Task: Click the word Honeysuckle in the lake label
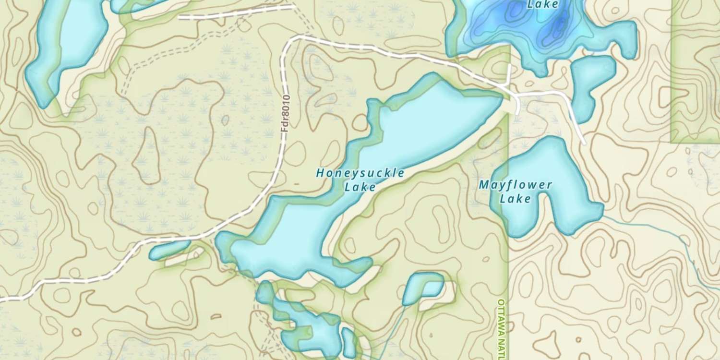click(x=360, y=173)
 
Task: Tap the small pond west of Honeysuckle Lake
click(x=169, y=250)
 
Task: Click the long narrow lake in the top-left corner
click(x=67, y=48)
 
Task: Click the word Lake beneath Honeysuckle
click(x=360, y=187)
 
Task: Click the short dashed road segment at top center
click(x=235, y=12)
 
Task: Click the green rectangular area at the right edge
click(x=695, y=72)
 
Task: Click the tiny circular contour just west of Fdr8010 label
click(x=225, y=120)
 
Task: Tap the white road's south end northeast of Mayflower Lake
click(x=584, y=142)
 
